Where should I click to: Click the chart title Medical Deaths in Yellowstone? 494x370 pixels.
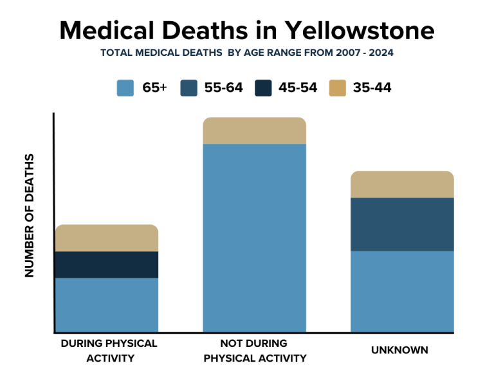[x=247, y=30]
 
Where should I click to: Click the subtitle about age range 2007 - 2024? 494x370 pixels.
[x=247, y=53]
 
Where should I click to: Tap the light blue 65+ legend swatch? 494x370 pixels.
[x=125, y=88]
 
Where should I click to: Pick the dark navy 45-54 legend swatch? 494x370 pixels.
[x=264, y=88]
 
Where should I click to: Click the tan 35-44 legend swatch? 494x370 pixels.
[x=337, y=88]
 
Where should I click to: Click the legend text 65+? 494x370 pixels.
[x=154, y=88]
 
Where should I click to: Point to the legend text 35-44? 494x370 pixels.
[x=372, y=88]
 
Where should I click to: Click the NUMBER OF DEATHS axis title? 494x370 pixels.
[x=30, y=215]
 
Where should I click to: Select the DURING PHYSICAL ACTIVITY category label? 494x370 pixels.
[x=109, y=350]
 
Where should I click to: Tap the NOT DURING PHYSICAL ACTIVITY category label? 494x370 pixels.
[x=254, y=350]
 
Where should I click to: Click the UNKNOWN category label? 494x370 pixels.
[x=399, y=350]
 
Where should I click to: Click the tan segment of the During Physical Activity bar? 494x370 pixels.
[x=107, y=238]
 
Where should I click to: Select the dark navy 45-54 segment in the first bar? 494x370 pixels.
[x=107, y=265]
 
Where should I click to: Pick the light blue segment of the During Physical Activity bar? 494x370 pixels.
[x=107, y=305]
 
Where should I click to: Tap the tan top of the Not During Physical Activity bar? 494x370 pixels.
[x=254, y=131]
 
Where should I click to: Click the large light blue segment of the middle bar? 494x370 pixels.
[x=254, y=238]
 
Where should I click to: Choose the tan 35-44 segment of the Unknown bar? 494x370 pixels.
[x=402, y=185]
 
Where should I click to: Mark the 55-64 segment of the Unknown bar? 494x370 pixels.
[x=402, y=224]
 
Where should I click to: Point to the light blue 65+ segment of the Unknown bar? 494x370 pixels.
[x=402, y=292]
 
